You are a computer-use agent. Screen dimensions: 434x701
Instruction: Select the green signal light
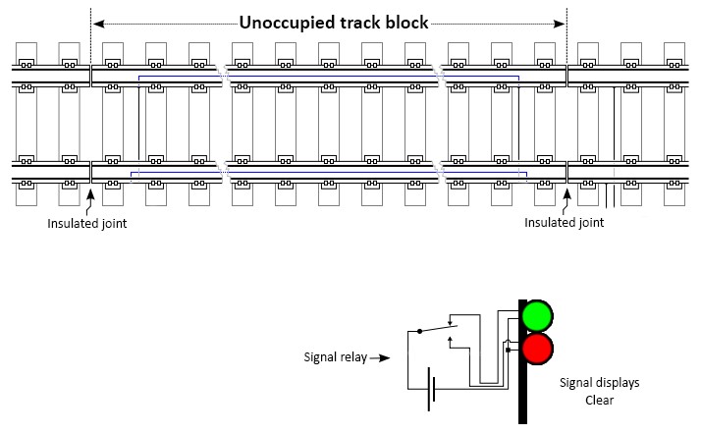point(537,316)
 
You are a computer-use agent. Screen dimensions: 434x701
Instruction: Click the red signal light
point(537,348)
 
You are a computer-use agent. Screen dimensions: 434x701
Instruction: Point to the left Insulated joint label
point(86,223)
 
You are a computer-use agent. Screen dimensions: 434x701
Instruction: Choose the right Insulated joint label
point(564,223)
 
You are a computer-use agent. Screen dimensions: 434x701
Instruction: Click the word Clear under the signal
point(599,401)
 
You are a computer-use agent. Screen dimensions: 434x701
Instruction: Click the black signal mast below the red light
point(524,393)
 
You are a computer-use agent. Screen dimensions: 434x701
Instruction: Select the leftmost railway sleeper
point(27,123)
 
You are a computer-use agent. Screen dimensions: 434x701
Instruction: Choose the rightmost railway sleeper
point(674,123)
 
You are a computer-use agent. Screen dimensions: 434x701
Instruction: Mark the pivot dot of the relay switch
point(419,331)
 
